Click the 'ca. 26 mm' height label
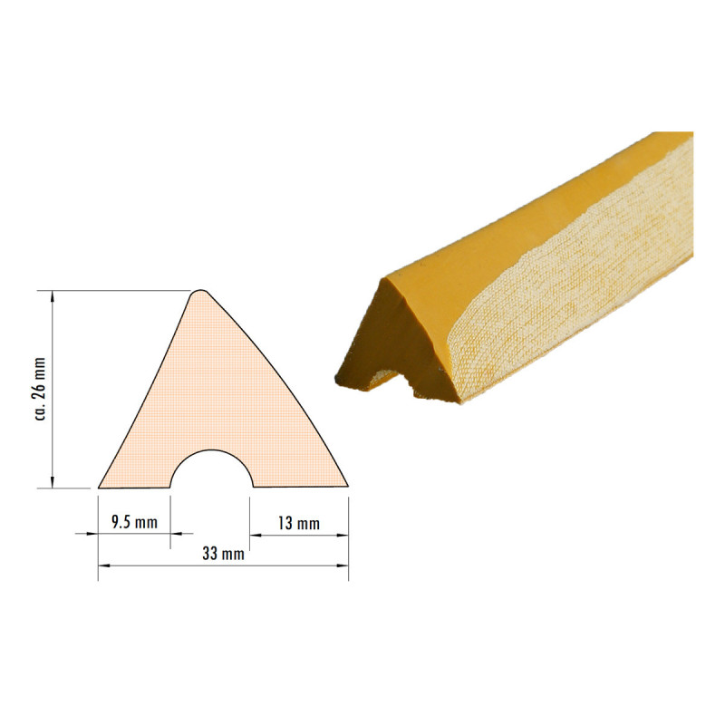41,390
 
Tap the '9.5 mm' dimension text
134,523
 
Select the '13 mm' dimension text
299,524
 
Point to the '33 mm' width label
223,554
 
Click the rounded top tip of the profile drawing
199,291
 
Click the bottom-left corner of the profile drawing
99,488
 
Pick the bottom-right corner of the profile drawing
348,487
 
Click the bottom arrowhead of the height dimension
53,482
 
